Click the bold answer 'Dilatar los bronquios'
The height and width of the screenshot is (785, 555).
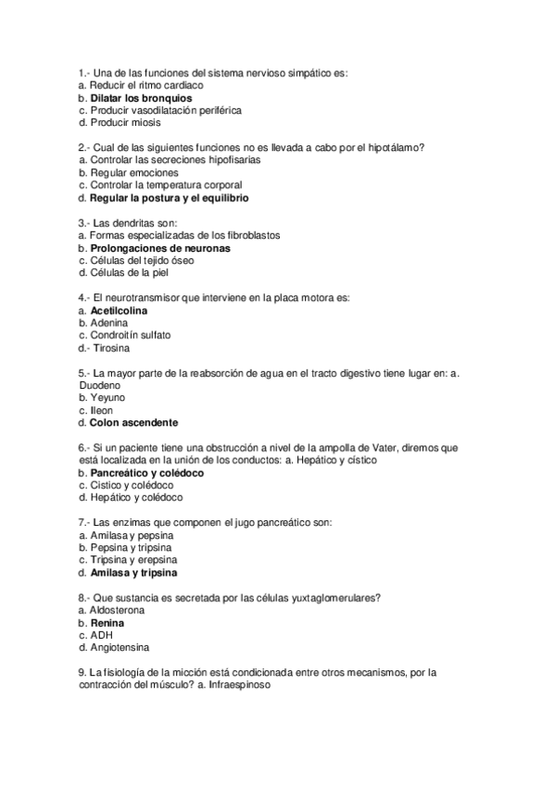(141, 97)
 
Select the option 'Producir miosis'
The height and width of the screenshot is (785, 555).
(125, 122)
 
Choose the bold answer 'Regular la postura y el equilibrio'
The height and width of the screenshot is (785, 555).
(170, 198)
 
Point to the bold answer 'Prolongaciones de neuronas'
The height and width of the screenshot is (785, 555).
(160, 248)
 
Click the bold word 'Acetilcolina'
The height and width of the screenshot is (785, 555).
(119, 311)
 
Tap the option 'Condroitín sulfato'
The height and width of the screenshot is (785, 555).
(131, 336)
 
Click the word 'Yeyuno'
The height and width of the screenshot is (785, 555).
(107, 398)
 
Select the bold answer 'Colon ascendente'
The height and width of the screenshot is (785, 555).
(133, 423)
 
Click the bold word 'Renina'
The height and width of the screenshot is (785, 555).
(107, 623)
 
